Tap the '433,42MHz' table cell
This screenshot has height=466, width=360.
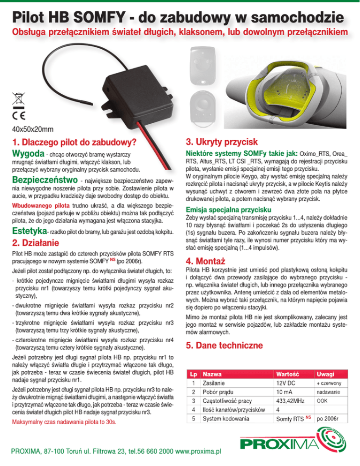pos(292,401)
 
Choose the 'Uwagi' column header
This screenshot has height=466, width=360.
pos(326,374)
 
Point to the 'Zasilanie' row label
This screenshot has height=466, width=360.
pos(216,383)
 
